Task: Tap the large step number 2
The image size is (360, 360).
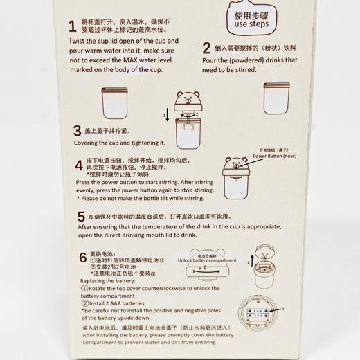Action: click(206, 49)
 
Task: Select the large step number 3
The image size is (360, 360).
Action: click(77, 130)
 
